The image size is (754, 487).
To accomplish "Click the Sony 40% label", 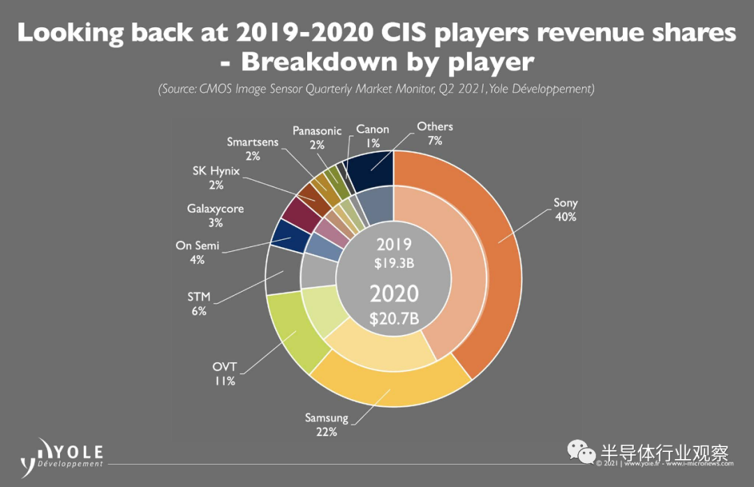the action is point(565,209).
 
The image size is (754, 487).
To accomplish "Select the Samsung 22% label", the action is point(327,424).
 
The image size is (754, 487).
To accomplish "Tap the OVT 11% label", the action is point(225,373).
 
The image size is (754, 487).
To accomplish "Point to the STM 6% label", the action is point(199,304).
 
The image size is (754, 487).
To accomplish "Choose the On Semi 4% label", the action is point(197,253).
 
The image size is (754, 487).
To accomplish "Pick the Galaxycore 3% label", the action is point(216,216).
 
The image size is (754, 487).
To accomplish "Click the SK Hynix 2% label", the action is point(216,178).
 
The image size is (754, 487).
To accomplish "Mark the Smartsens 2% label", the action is point(253,149).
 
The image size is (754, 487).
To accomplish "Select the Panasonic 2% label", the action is point(317,137).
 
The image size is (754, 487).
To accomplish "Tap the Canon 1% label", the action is point(373,136).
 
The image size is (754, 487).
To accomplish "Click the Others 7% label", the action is point(435,133).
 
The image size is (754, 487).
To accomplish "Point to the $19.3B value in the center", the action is point(394,263).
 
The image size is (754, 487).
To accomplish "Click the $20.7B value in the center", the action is point(394,318).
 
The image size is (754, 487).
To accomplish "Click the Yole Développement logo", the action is point(61,458).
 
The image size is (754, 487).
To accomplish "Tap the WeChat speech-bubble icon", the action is point(582,451).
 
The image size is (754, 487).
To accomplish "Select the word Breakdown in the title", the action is point(319,61).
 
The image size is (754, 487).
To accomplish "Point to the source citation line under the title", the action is point(376,89).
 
